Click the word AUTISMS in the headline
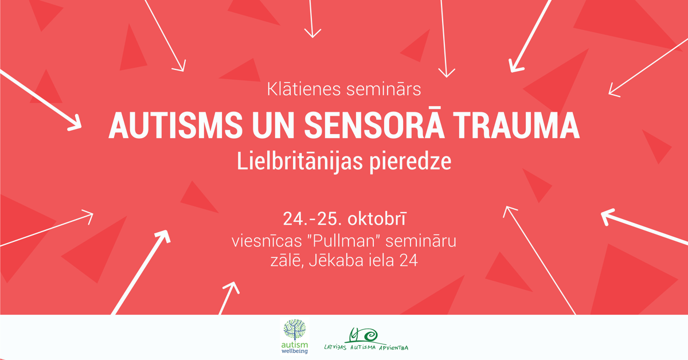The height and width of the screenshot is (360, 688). (x=175, y=126)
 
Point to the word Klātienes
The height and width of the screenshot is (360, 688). (x=304, y=89)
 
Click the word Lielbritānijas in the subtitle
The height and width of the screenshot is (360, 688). (x=300, y=162)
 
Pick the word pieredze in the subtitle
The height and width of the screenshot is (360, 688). (x=411, y=162)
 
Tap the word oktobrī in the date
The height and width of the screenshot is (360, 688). (x=377, y=219)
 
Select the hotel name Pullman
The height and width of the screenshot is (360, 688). (x=345, y=241)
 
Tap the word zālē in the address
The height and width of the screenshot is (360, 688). (x=287, y=260)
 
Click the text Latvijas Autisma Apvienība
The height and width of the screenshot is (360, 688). (x=366, y=347)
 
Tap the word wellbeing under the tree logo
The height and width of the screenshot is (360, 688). (x=295, y=351)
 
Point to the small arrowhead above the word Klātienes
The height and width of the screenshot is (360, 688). (x=312, y=33)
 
